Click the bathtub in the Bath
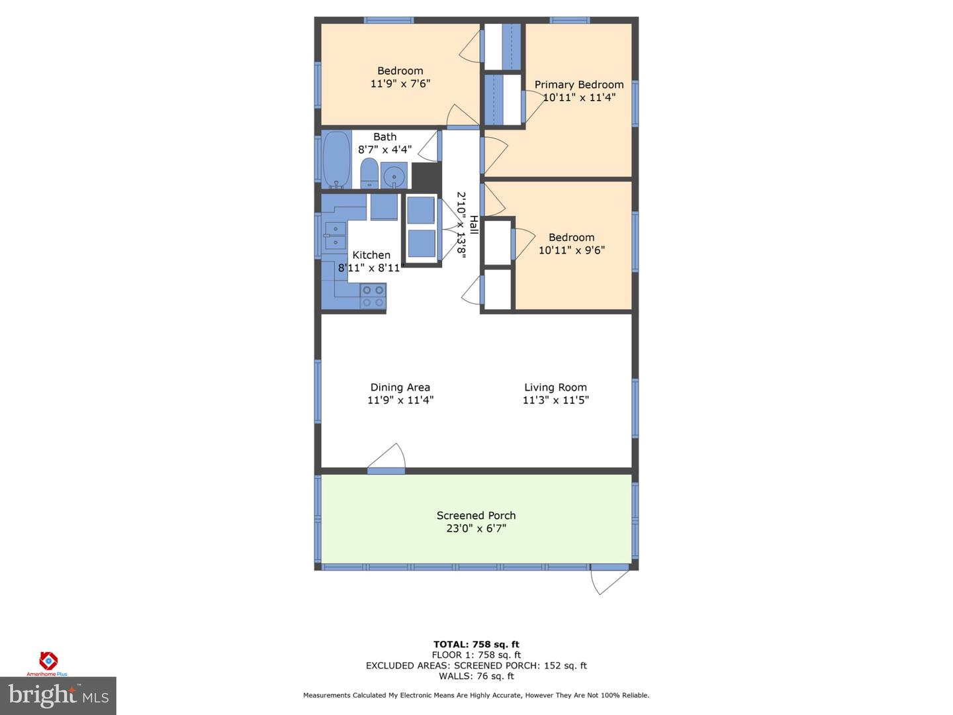[x=336, y=159]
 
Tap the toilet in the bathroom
[x=369, y=174]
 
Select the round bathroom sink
[x=394, y=176]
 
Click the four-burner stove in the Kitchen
[x=373, y=296]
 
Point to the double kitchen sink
[x=335, y=236]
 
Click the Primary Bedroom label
[x=579, y=85]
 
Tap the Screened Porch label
[x=476, y=516]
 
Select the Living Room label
[x=555, y=387]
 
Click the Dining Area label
[x=400, y=387]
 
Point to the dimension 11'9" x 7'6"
[x=400, y=84]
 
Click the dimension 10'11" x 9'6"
[x=571, y=250]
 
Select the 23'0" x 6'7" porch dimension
[x=476, y=528]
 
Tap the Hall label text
[x=474, y=224]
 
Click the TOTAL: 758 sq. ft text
[x=476, y=644]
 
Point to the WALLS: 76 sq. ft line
[x=476, y=676]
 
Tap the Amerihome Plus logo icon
[x=48, y=661]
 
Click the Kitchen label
[x=371, y=255]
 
